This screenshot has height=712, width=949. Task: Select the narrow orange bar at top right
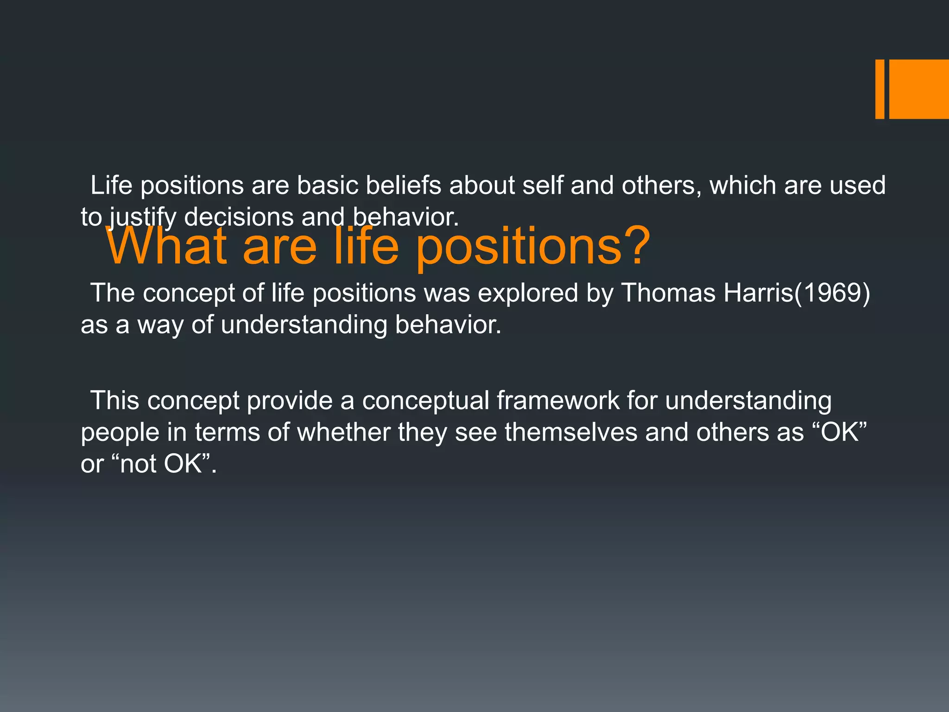879,89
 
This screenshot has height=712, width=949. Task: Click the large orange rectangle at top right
919,89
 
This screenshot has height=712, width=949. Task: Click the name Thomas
668,293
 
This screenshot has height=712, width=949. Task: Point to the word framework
558,400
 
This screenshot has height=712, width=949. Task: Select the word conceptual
425,401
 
